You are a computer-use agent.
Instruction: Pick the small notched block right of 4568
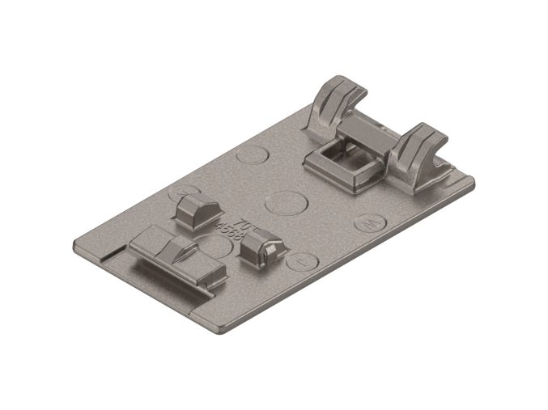coord(261,251)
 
